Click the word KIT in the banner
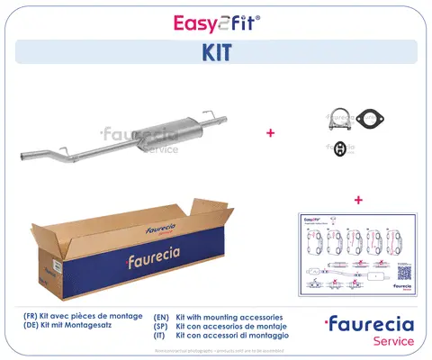(x=216, y=52)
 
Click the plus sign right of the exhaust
(x=270, y=133)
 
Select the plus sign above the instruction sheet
(x=358, y=199)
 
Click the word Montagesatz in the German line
(x=107, y=328)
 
